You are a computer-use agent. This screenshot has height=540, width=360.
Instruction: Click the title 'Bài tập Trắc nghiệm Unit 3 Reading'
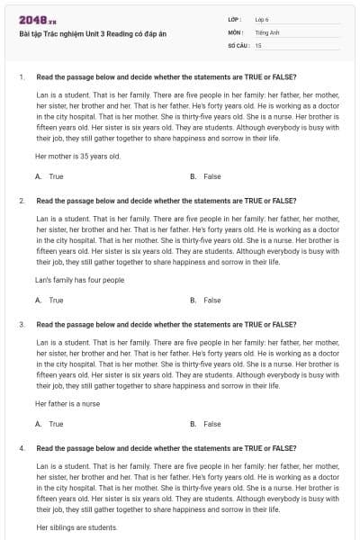(79, 34)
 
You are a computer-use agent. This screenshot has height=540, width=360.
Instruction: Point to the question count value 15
(258, 44)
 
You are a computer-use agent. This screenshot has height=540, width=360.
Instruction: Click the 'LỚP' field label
(235, 19)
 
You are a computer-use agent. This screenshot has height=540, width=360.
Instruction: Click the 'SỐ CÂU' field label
(238, 44)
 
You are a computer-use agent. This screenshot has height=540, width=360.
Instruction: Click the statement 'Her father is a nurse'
(68, 403)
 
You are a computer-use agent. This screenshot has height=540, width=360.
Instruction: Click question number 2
(21, 201)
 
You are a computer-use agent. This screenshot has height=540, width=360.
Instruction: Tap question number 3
(21, 324)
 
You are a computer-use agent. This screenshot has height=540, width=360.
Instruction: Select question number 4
(21, 447)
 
